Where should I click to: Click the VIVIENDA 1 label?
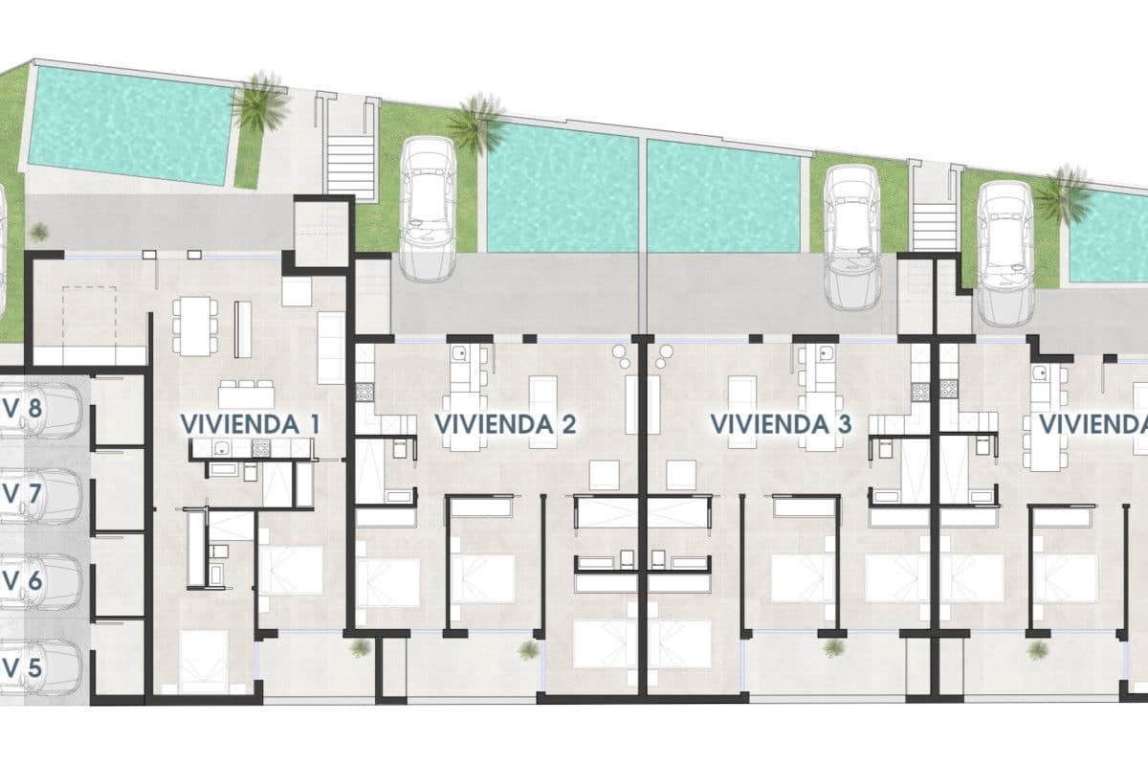(250, 423)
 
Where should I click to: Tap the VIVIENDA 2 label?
(505, 423)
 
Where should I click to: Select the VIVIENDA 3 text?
(782, 423)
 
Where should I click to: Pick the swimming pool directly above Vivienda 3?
(723, 196)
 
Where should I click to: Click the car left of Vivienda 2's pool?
(428, 208)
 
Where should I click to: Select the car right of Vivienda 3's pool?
(852, 236)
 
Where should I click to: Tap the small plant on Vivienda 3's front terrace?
(832, 648)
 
